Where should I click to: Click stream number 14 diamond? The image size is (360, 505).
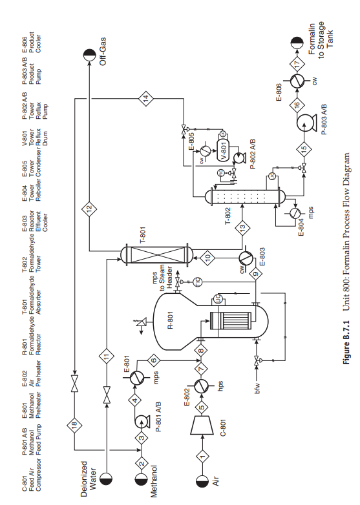point(145,99)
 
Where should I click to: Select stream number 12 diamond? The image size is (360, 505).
point(89,209)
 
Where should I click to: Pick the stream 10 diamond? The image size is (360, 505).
point(208,256)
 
